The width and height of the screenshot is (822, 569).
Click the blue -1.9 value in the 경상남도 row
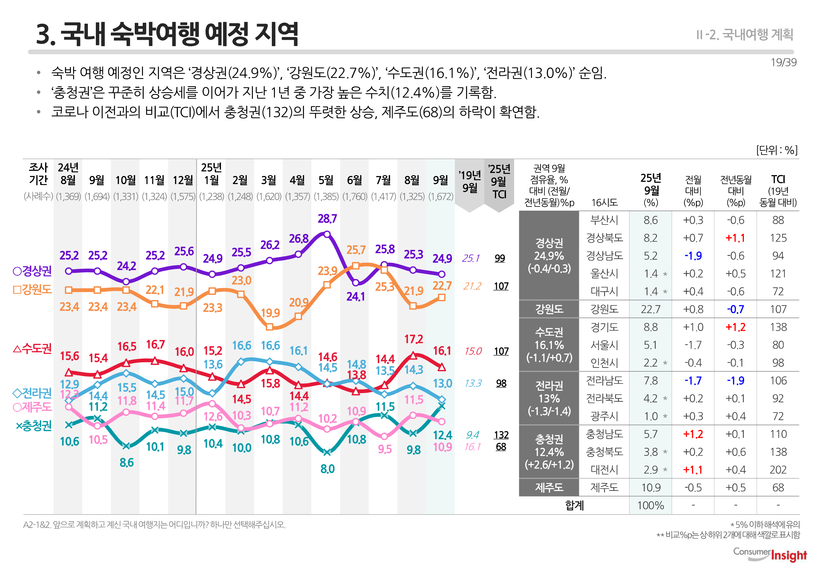(693, 256)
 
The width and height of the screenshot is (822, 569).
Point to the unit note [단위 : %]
(777, 150)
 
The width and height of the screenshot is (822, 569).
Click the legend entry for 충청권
(34, 425)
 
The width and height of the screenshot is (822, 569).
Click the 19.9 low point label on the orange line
(270, 313)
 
